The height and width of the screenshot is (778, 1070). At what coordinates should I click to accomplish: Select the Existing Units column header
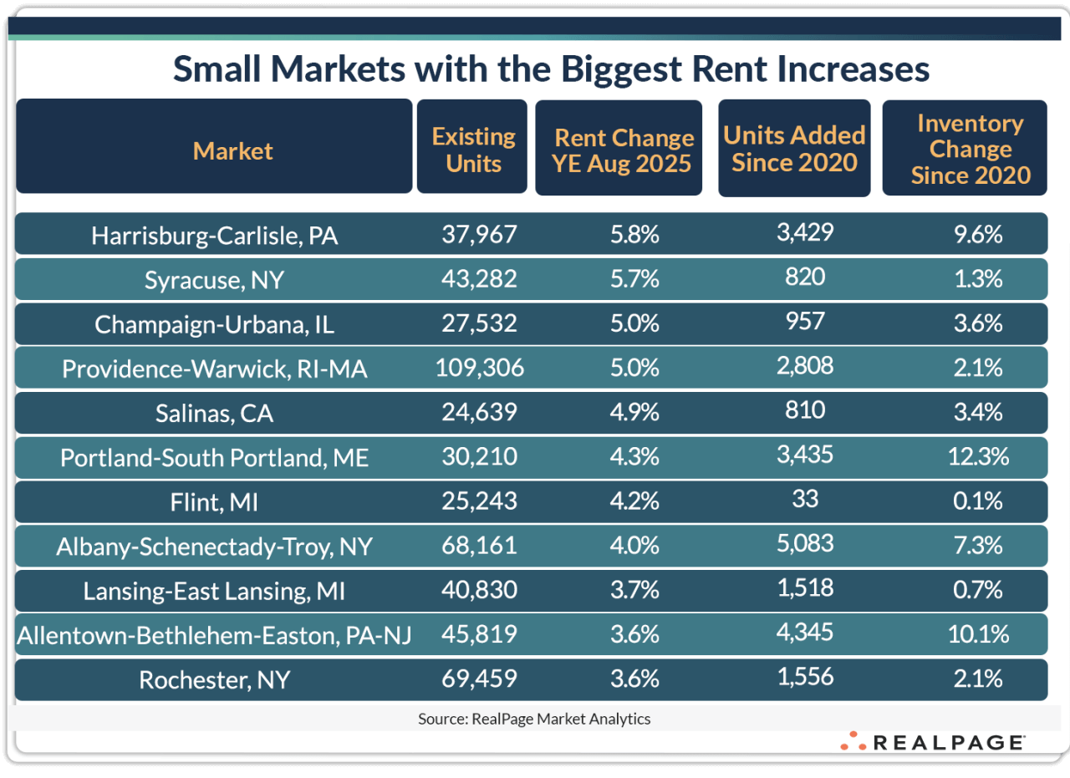click(x=473, y=150)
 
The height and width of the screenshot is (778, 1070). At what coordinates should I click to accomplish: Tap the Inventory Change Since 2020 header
click(x=970, y=150)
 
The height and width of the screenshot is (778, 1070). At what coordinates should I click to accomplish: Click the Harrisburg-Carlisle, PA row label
click(x=215, y=236)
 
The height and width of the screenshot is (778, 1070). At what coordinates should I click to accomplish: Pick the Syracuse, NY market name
click(x=215, y=280)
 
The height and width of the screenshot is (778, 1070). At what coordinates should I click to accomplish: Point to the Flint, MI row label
click(x=215, y=501)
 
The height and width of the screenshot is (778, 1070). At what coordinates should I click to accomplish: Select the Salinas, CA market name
click(x=215, y=413)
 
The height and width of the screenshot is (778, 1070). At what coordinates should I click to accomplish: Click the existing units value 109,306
click(x=480, y=368)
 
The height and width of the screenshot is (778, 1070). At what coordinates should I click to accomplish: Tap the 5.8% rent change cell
click(x=634, y=235)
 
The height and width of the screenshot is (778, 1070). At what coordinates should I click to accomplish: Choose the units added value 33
click(x=806, y=498)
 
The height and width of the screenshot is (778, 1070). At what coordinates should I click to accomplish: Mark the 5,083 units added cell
click(x=805, y=543)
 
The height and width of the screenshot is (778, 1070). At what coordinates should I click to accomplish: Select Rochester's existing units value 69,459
click(x=480, y=679)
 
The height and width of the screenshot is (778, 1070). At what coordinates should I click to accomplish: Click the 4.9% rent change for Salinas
click(x=634, y=412)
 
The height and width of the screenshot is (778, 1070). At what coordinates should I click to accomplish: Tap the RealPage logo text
click(x=947, y=742)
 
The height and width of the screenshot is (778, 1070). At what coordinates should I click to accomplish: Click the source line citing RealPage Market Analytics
click(x=534, y=719)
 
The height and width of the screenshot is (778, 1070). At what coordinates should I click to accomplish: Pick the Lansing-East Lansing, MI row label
click(x=215, y=591)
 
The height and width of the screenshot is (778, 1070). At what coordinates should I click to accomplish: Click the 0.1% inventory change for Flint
click(x=978, y=501)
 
